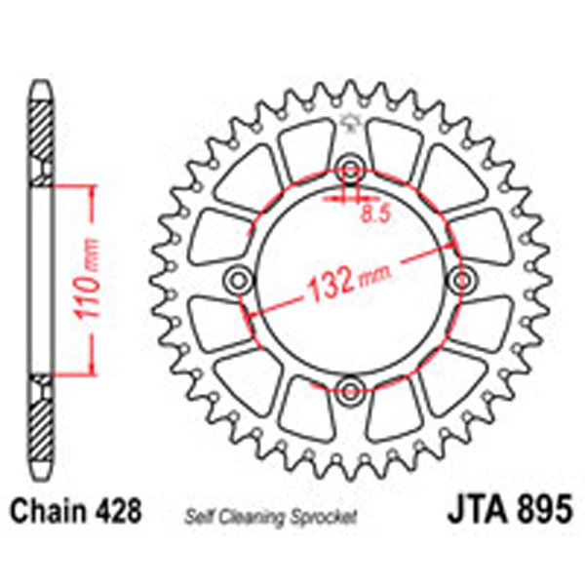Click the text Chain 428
click(x=77, y=510)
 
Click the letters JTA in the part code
click(x=472, y=510)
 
